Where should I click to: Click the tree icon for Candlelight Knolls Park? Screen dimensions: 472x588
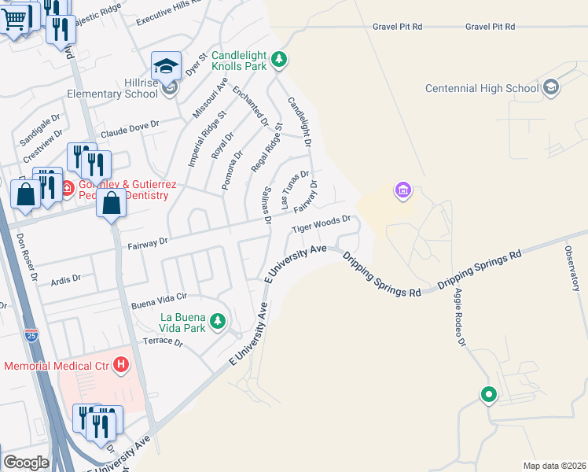point(278,59)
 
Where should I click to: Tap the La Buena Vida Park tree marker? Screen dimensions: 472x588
point(218,321)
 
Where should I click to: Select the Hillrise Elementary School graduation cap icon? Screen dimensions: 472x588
point(167,66)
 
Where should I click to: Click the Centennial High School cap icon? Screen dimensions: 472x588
point(551,87)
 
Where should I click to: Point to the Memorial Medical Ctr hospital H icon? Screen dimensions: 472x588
point(121,365)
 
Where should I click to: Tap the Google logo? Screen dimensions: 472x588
point(26,462)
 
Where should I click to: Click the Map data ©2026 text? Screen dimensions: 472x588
point(554,465)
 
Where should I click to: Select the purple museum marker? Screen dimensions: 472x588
point(403,190)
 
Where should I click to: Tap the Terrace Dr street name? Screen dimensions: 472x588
point(163,342)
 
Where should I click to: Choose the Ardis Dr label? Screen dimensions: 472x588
point(65,278)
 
